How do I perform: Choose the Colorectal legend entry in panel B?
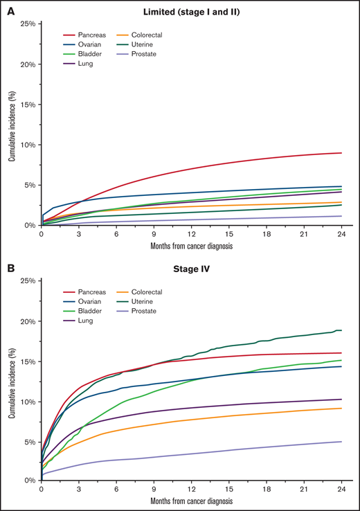point(182,292)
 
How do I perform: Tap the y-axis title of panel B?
point(11,379)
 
